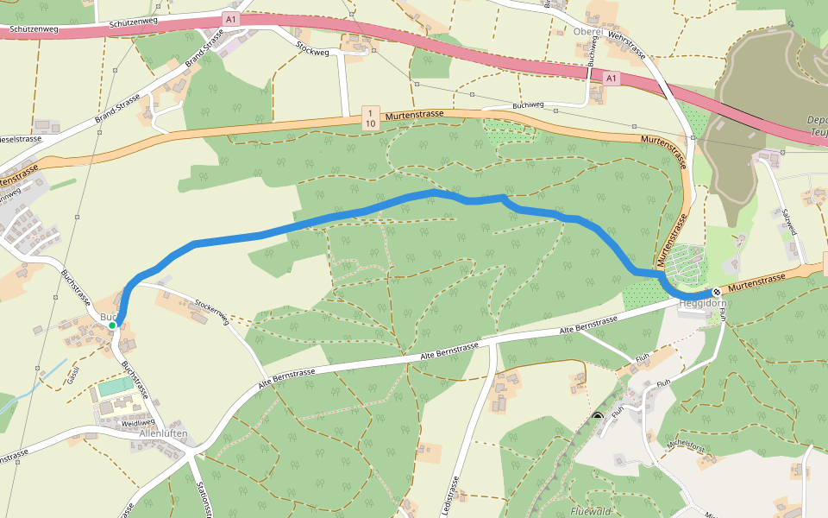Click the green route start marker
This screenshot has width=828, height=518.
(112, 325)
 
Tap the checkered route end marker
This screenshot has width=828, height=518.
(717, 293)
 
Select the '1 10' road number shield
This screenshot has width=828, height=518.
(370, 118)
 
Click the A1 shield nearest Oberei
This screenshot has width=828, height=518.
(611, 79)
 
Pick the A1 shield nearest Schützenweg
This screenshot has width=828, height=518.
(229, 18)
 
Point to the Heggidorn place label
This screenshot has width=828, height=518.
(703, 304)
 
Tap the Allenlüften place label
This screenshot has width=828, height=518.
(163, 433)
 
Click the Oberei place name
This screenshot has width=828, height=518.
(589, 31)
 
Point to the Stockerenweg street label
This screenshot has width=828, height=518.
(211, 312)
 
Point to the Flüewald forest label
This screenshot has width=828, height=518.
(591, 511)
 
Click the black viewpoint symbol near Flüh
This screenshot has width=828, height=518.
(598, 417)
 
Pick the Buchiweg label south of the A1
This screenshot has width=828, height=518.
(528, 105)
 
